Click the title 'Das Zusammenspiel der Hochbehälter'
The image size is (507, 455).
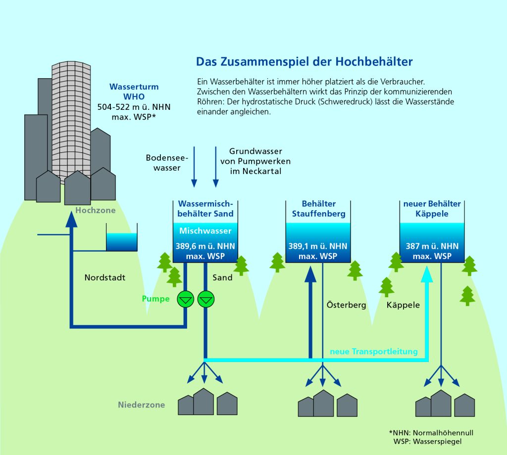pos(304,62)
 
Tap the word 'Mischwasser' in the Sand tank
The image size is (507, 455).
pos(205,231)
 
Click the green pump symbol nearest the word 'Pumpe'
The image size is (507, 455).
pos(186,298)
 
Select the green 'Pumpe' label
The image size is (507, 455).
pos(155,299)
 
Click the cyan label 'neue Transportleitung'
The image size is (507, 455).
pos(374,352)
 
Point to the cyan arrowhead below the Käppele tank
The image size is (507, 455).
pos(427,273)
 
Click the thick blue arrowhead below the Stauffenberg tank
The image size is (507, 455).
pos(310,273)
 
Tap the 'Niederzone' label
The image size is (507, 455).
pos(141,405)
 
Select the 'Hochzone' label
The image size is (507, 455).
pos(96,211)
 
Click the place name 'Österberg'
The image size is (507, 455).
pos(346,305)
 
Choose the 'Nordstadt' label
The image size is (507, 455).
pos(105,277)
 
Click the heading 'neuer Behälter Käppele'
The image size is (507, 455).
pos(432,209)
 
